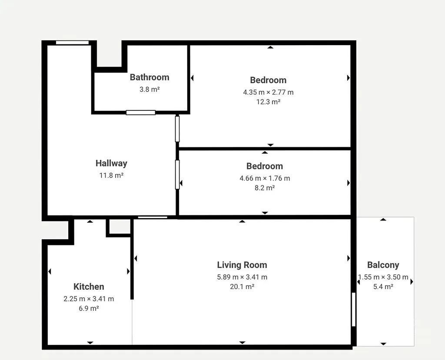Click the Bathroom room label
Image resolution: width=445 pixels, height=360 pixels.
pyautogui.click(x=149, y=77)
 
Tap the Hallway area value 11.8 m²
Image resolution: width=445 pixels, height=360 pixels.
pyautogui.click(x=111, y=175)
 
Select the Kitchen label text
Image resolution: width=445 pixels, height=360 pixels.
pyautogui.click(x=89, y=287)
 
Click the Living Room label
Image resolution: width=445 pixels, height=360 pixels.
pyautogui.click(x=242, y=265)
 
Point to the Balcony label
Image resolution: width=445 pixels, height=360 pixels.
pyautogui.click(x=383, y=265)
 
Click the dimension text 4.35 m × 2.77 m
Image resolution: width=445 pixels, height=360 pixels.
pyautogui.click(x=268, y=92)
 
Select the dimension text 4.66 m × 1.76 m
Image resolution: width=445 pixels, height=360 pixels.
pyautogui.click(x=265, y=178)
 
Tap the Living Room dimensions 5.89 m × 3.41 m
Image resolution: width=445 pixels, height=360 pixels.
pyautogui.click(x=242, y=277)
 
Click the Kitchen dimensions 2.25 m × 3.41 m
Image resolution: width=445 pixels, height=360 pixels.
pyautogui.click(x=89, y=299)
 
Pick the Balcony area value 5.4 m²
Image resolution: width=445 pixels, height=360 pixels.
pyautogui.click(x=383, y=287)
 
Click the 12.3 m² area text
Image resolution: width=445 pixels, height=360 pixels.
pyautogui.click(x=268, y=102)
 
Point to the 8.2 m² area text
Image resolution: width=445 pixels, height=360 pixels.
pyautogui.click(x=265, y=188)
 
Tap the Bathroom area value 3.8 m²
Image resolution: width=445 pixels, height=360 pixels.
pyautogui.click(x=149, y=89)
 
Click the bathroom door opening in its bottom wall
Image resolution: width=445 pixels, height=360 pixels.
pyautogui.click(x=141, y=112)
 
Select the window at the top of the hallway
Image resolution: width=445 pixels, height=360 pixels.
pyautogui.click(x=73, y=43)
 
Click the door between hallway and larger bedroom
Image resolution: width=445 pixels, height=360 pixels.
pyautogui.click(x=177, y=129)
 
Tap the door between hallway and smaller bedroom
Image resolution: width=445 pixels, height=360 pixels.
pyautogui.click(x=177, y=175)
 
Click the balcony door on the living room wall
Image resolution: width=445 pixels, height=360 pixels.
pyautogui.click(x=354, y=310)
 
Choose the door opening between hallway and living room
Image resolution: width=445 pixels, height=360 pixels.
pyautogui.click(x=153, y=218)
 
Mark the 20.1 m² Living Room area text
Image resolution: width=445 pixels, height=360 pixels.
pyautogui.click(x=242, y=287)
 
